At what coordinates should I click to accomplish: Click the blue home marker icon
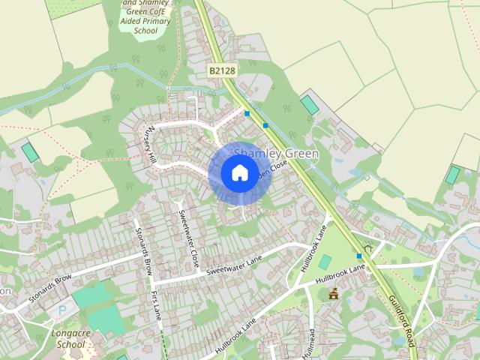(238, 173)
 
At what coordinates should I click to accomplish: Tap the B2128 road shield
(221, 70)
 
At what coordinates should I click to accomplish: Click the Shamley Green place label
(276, 154)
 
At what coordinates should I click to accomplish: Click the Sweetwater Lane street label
(234, 263)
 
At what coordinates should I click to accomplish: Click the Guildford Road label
(402, 319)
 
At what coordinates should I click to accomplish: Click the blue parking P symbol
(62, 308)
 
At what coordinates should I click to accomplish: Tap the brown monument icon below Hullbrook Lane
(333, 294)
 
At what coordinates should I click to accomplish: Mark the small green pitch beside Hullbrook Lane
(325, 262)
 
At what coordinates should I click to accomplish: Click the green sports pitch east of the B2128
(310, 105)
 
